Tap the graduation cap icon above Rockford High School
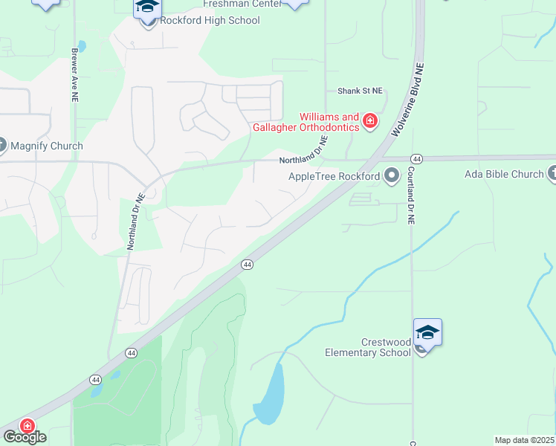[148, 7]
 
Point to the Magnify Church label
[46, 146]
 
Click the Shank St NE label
[360, 91]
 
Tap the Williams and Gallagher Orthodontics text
[329, 122]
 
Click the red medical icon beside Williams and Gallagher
[369, 120]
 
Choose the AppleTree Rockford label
[334, 177]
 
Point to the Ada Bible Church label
[504, 175]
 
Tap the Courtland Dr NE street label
[410, 195]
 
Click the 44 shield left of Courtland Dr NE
[416, 159]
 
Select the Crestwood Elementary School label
[368, 347]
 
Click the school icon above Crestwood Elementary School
[427, 332]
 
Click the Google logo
[24, 437]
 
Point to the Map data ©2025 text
[525, 440]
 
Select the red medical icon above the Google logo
[27, 426]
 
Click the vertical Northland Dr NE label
[135, 221]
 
